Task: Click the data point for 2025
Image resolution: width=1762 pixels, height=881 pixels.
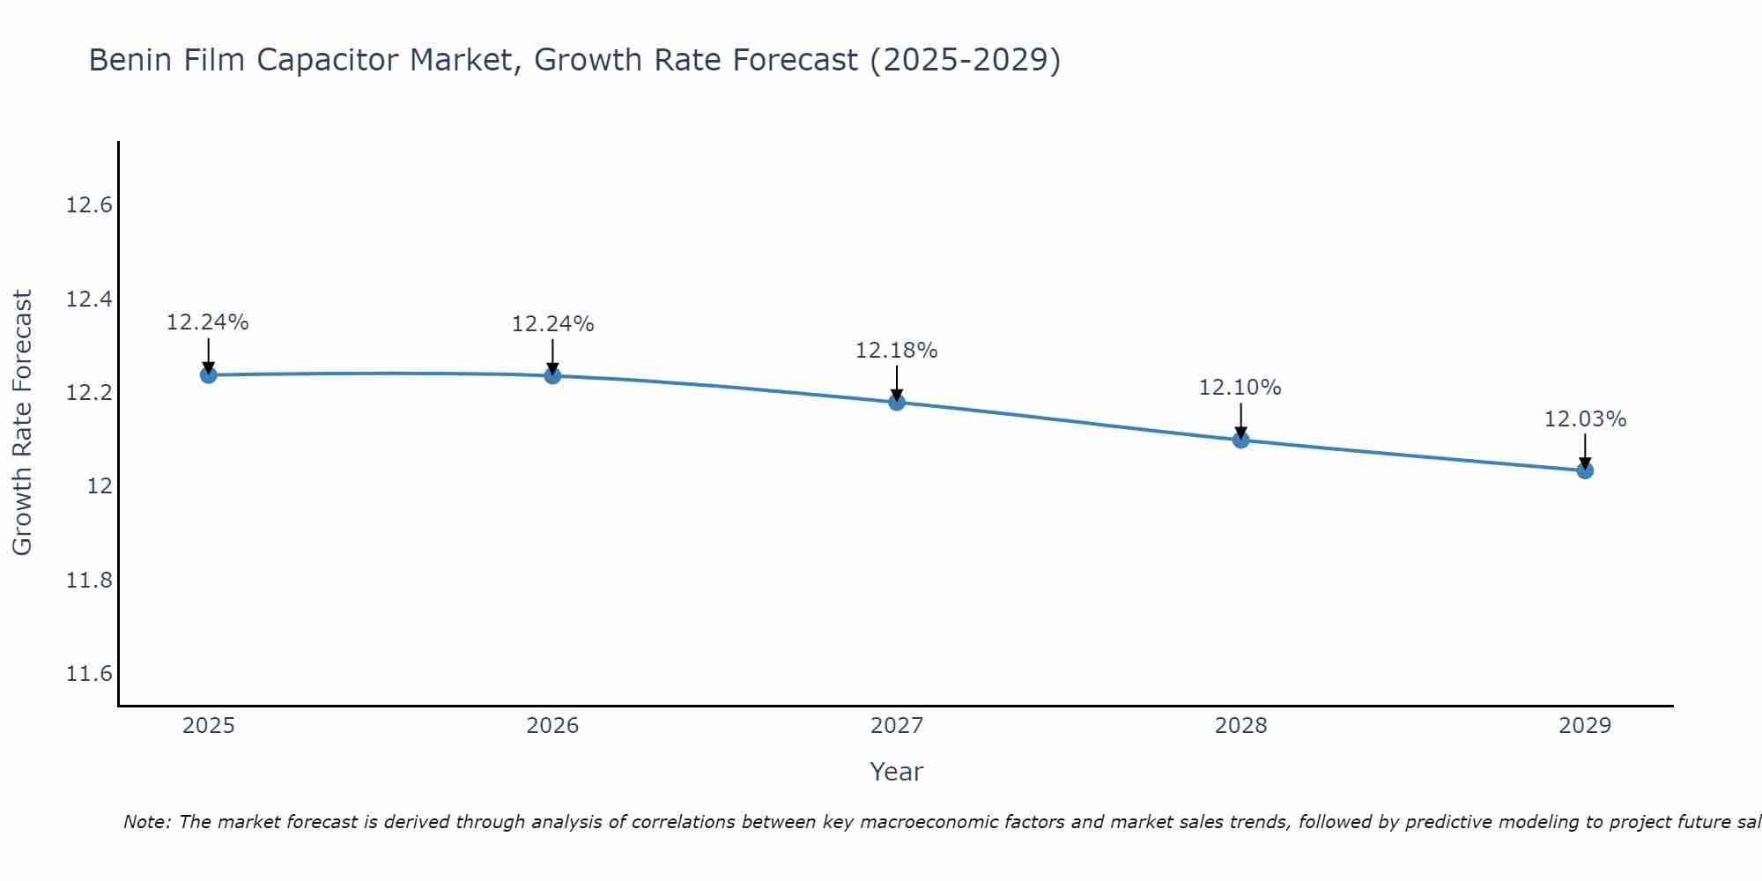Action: tap(209, 375)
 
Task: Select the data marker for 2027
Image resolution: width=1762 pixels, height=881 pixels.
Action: tap(897, 403)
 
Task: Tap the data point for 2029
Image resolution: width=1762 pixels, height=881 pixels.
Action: tap(1585, 470)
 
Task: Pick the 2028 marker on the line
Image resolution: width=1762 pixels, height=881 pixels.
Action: tap(1240, 440)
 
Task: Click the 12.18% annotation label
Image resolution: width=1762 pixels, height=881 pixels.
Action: tap(897, 351)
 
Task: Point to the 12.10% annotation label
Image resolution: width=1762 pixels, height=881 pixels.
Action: tap(1240, 388)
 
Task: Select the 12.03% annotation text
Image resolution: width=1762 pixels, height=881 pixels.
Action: tap(1585, 419)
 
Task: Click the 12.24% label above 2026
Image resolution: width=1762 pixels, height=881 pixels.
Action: tap(552, 324)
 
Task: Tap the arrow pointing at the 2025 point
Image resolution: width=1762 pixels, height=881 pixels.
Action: tap(209, 357)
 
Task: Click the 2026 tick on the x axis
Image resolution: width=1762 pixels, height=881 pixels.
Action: tap(552, 726)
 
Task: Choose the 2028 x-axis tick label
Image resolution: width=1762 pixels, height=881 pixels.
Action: tap(1240, 726)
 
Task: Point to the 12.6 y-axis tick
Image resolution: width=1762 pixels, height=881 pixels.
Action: tap(89, 206)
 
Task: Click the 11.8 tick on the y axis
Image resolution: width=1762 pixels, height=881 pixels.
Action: tap(89, 581)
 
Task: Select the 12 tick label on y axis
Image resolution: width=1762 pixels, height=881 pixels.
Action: tap(100, 486)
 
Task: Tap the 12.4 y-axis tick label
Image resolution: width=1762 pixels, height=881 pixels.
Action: tap(89, 300)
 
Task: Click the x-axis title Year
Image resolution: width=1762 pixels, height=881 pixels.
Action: tap(896, 772)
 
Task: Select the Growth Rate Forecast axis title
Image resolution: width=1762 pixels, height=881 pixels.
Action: tap(22, 423)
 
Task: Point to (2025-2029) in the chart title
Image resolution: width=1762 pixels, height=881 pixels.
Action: tap(965, 61)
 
